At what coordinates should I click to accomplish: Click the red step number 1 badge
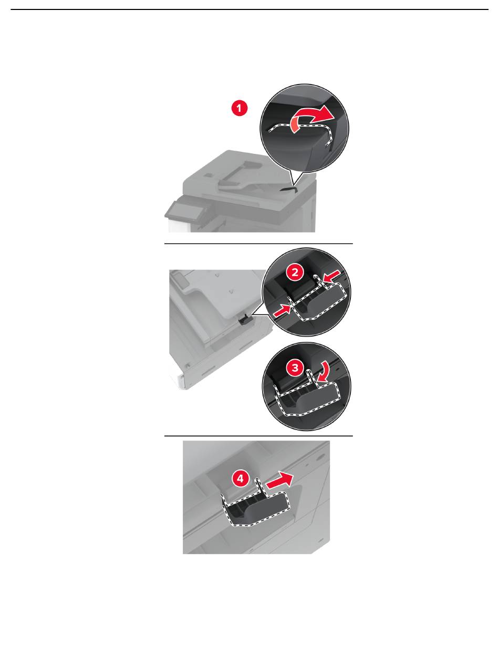tap(240, 108)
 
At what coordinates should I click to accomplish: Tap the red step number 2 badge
tap(295, 273)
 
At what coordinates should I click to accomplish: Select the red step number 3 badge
tap(295, 368)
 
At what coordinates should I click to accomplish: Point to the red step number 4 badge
tap(240, 478)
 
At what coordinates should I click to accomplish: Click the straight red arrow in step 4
tap(279, 481)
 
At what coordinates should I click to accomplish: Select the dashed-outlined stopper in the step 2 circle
tap(314, 300)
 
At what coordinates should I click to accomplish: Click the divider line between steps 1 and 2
tap(258, 244)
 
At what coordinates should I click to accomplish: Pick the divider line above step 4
tap(258, 436)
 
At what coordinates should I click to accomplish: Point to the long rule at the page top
tap(250, 9)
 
